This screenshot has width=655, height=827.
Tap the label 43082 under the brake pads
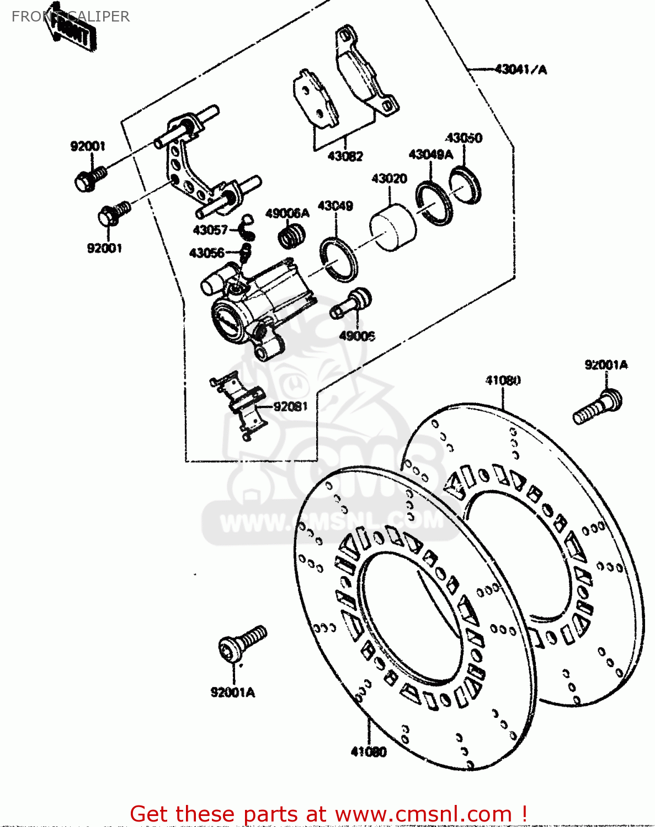pyautogui.click(x=345, y=156)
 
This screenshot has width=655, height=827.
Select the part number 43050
pyautogui.click(x=464, y=138)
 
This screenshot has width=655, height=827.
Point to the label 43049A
pyautogui.click(x=430, y=154)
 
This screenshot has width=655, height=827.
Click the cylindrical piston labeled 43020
pyautogui.click(x=392, y=228)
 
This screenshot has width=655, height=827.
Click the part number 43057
pyautogui.click(x=210, y=230)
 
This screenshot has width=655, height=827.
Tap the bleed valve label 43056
pyautogui.click(x=206, y=253)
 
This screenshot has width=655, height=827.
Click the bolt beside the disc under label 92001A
pyautogui.click(x=598, y=407)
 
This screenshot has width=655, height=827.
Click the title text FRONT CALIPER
pyautogui.click(x=71, y=17)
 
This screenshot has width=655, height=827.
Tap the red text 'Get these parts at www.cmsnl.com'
pyautogui.click(x=328, y=814)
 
